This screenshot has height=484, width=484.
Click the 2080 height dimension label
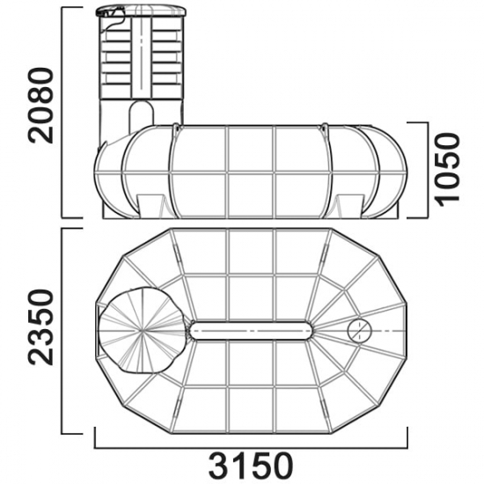tap(40, 106)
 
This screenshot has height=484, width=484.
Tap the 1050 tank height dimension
tap(448, 170)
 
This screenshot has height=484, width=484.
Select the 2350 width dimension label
tap(40, 327)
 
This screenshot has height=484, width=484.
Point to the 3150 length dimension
tap(251, 465)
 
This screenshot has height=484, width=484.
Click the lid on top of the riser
tap(141, 11)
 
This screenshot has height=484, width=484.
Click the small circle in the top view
tap(360, 331)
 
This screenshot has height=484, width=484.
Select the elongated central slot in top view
tap(251, 331)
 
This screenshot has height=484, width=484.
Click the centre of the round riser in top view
tap(143, 330)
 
